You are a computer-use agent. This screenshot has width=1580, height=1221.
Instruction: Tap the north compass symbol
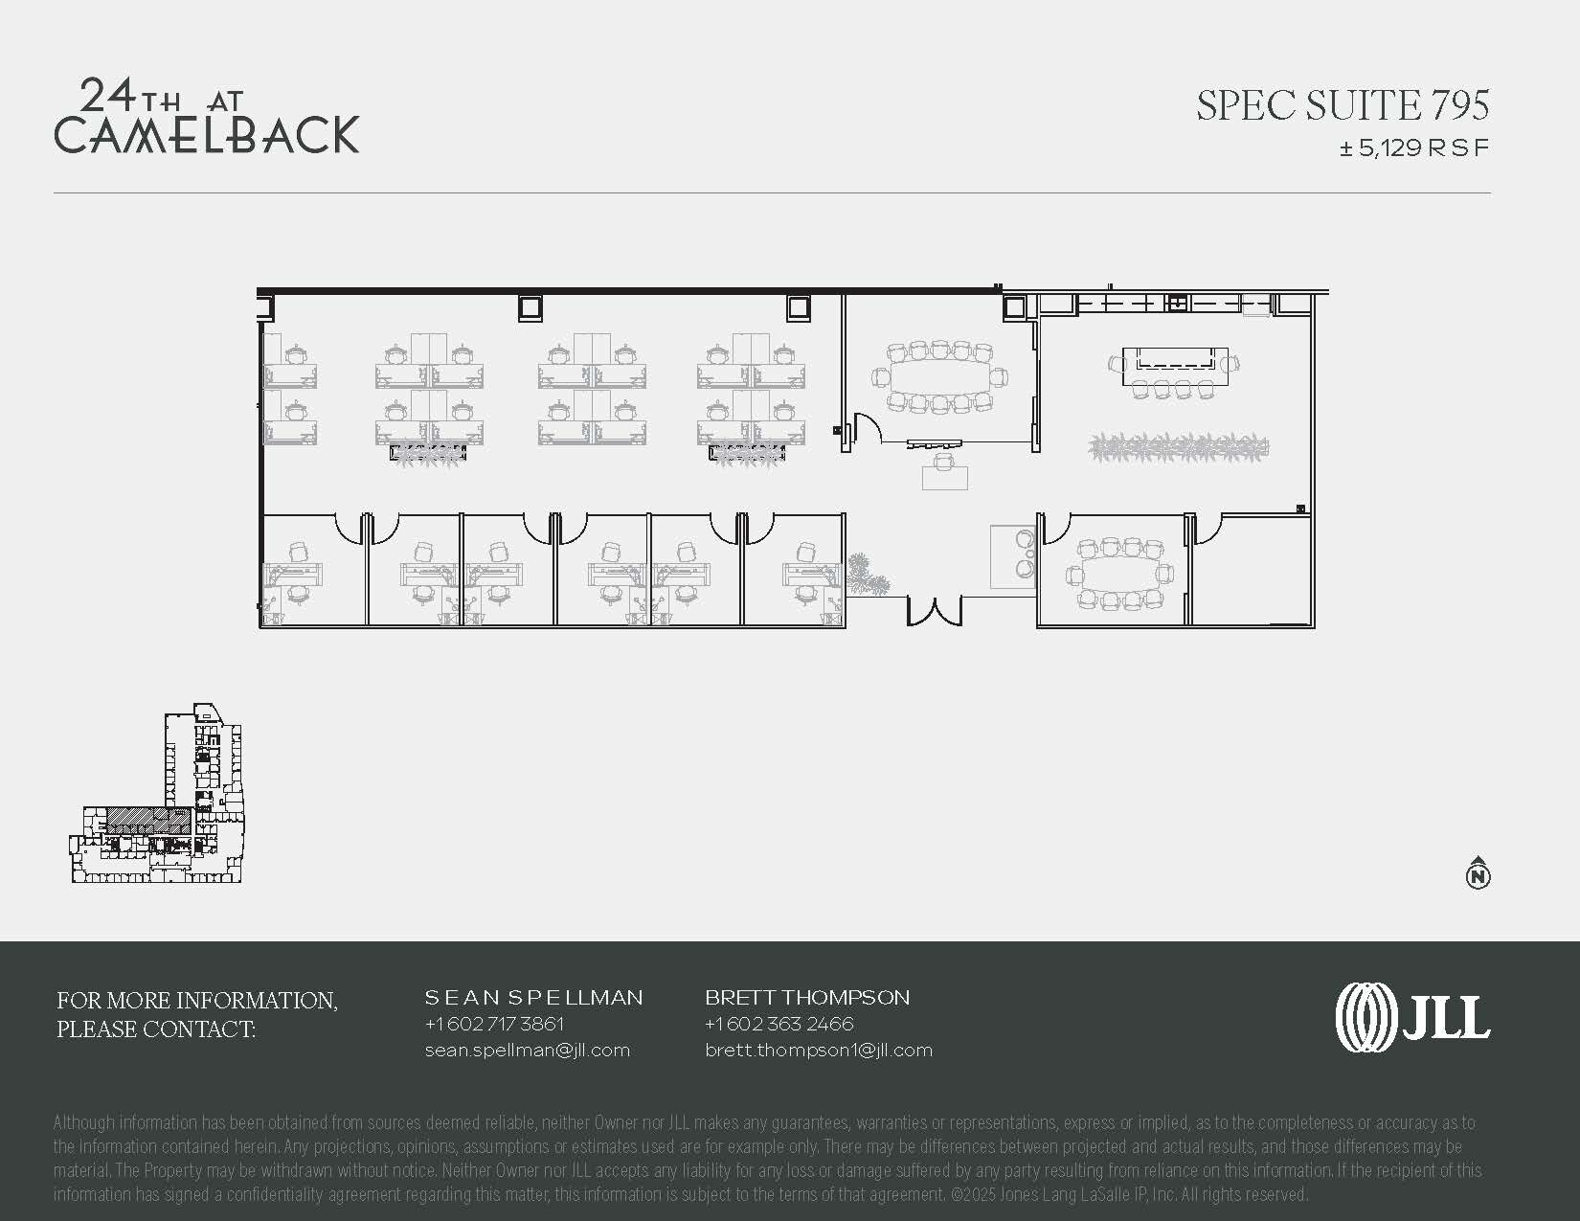[1478, 872]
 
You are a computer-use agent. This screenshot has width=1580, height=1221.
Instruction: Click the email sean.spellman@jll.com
[528, 1051]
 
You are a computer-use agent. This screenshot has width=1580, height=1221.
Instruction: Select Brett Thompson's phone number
[779, 1023]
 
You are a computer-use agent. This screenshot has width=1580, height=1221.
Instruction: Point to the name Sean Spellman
[533, 997]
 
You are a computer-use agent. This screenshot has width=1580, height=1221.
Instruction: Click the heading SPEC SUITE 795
[1343, 105]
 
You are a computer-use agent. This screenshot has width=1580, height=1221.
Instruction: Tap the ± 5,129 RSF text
[1414, 148]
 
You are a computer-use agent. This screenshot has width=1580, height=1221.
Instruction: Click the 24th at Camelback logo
[207, 117]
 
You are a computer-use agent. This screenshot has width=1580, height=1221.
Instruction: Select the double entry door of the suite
[935, 611]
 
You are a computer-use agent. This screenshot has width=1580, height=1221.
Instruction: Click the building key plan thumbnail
[157, 793]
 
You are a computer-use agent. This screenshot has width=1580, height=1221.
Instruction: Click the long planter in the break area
[1179, 446]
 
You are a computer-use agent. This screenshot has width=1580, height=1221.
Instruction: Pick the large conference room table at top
[940, 376]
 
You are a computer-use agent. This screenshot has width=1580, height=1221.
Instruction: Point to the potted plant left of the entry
[869, 573]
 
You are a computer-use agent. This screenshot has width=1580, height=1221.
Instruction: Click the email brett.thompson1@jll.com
[819, 1051]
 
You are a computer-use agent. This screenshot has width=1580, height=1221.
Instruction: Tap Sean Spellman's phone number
[494, 1023]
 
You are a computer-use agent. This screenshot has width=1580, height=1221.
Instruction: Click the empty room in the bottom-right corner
[1253, 571]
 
